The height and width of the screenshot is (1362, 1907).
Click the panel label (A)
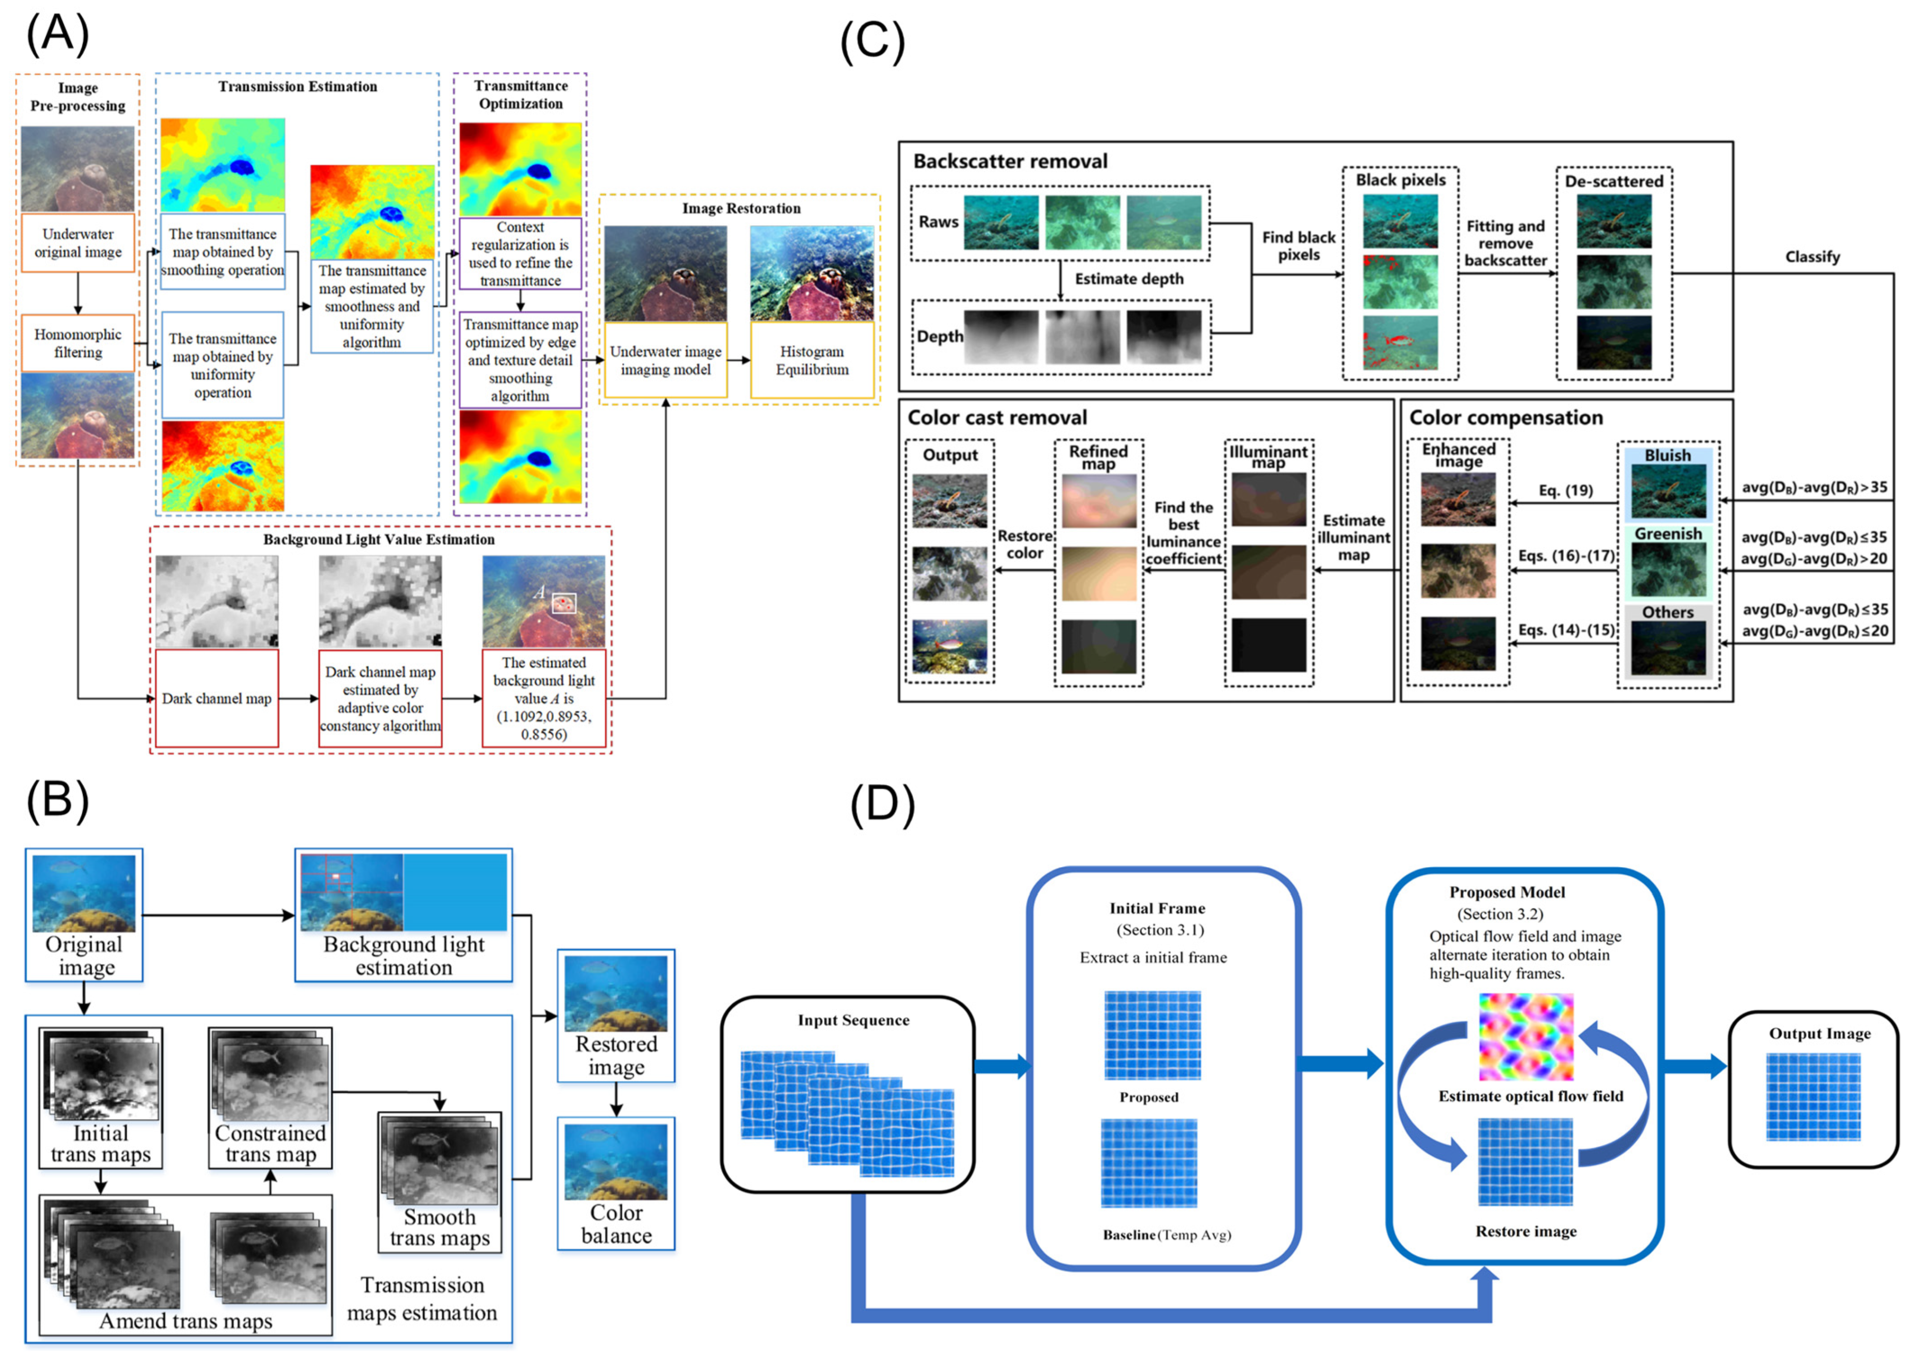(x=57, y=35)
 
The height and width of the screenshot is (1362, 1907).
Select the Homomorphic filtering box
(x=78, y=343)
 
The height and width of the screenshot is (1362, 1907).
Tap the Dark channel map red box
(x=216, y=698)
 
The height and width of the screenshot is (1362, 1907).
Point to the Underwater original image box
(x=78, y=243)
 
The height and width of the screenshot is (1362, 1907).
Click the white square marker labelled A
(x=564, y=603)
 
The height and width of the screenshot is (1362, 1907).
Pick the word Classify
(x=1812, y=257)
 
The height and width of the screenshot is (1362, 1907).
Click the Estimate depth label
(x=1129, y=278)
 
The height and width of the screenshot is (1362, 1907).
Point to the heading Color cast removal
(x=996, y=417)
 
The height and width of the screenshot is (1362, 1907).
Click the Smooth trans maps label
(x=439, y=1228)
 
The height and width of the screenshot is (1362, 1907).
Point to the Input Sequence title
(x=853, y=1020)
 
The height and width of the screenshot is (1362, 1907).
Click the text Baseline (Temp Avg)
(x=1166, y=1234)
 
